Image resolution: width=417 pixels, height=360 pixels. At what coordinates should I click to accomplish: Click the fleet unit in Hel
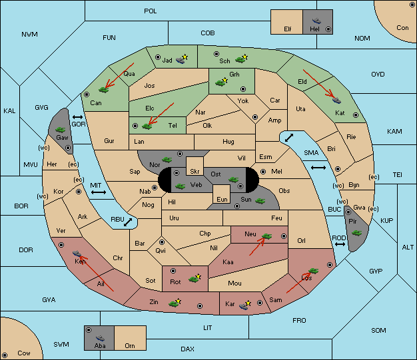316,21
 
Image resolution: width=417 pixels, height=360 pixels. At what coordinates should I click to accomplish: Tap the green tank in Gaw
61,130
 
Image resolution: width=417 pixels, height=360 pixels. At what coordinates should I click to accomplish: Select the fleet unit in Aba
100,338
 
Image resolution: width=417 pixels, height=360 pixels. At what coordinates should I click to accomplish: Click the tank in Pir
356,233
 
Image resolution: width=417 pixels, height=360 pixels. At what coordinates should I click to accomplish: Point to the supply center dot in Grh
243,89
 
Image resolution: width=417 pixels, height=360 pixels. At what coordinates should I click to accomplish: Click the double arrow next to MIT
99,192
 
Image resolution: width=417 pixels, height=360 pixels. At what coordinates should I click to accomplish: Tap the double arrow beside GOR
77,117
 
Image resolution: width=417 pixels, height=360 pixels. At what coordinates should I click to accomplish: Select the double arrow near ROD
340,244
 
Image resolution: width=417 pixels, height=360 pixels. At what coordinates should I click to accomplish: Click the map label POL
151,11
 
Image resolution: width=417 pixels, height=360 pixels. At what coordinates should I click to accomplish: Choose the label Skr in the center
195,172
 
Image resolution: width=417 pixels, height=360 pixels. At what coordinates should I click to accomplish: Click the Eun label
222,199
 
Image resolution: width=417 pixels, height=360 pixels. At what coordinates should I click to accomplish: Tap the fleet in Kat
336,100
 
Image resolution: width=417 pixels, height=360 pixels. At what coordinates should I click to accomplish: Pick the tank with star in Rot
195,278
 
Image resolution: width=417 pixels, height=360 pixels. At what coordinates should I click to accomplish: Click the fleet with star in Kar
245,305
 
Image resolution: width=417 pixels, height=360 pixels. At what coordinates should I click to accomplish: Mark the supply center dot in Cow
5,355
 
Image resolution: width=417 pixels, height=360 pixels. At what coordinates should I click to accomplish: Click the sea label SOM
378,330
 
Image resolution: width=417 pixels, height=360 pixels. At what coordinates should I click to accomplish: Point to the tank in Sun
260,201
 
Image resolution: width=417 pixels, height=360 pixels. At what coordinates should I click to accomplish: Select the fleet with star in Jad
182,59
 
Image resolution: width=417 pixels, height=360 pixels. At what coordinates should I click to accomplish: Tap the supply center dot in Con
411,5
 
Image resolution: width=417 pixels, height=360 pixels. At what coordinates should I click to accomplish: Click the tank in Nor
167,160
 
